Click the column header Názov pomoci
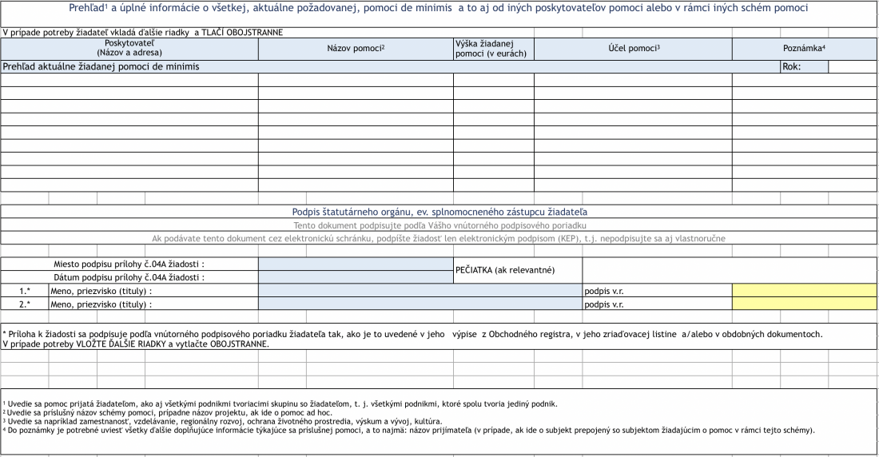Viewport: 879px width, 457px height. pyautogui.click(x=356, y=48)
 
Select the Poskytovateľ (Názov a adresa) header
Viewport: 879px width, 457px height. pyautogui.click(x=129, y=48)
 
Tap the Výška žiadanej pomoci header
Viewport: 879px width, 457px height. pyautogui.click(x=484, y=48)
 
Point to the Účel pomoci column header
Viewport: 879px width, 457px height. pyautogui.click(x=634, y=48)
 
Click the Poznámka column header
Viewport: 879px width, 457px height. pyautogui.click(x=804, y=48)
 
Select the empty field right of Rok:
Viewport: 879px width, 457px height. pyautogui.click(x=853, y=67)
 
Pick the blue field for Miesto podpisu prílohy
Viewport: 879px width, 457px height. pyautogui.click(x=356, y=264)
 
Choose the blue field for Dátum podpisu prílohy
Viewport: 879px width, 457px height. pyautogui.click(x=356, y=277)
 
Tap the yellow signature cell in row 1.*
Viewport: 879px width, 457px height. pyautogui.click(x=804, y=291)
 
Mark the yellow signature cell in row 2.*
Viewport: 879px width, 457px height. pyautogui.click(x=804, y=304)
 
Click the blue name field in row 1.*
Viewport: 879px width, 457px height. pyautogui.click(x=420, y=291)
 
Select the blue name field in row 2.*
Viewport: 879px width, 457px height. pyautogui.click(x=420, y=304)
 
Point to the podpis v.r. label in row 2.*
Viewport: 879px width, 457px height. pyautogui.click(x=604, y=304)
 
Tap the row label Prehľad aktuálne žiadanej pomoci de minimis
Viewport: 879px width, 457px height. pyautogui.click(x=101, y=67)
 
